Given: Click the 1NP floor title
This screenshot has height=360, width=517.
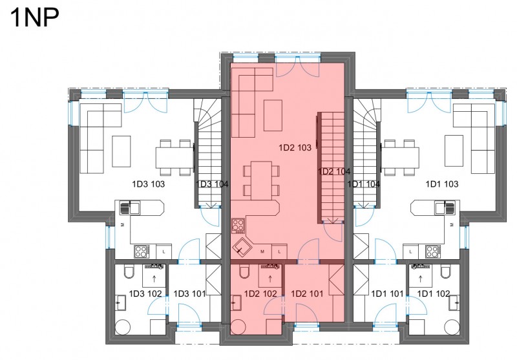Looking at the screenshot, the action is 35,17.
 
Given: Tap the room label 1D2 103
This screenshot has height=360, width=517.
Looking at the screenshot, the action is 295,148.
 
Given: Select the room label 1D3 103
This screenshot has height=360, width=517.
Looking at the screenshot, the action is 148,184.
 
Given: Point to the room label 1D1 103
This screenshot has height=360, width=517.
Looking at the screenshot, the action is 442,184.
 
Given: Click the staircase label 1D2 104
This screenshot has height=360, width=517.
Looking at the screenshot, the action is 333,171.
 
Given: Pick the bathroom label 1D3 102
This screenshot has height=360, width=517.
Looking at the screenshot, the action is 145,293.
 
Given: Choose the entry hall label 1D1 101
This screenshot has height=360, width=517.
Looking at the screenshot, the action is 387,293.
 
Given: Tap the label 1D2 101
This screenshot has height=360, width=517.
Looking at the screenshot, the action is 307,293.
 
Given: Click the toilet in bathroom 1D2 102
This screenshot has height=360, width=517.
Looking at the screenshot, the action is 245,271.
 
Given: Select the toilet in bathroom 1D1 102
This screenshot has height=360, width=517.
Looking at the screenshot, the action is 445,271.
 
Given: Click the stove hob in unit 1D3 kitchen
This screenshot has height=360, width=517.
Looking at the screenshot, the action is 142,251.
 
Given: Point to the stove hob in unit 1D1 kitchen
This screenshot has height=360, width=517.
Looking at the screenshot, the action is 432,251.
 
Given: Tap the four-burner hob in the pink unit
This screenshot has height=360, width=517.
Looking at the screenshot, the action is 238,226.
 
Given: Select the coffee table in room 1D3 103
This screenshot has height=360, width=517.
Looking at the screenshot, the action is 121,151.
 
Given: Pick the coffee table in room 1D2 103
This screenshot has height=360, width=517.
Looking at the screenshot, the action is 273,116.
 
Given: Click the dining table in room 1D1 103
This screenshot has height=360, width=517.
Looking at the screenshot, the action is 400,157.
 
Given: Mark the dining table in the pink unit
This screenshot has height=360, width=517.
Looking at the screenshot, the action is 261,180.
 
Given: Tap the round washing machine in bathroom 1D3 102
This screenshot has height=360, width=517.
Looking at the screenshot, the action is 123,327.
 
